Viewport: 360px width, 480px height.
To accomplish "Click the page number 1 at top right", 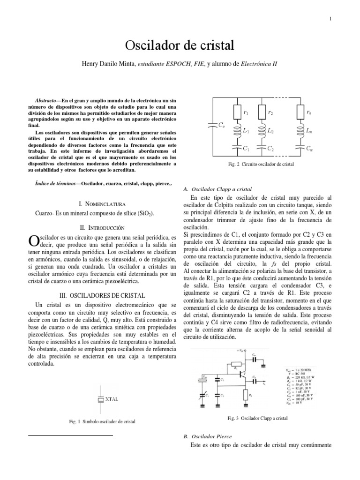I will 330,19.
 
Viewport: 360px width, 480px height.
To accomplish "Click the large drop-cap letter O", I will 33,240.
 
